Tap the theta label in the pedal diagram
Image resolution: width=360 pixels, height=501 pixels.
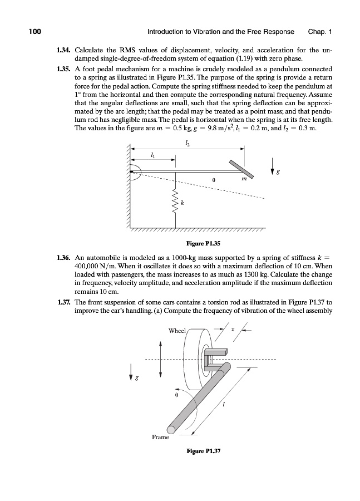(214, 180)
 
